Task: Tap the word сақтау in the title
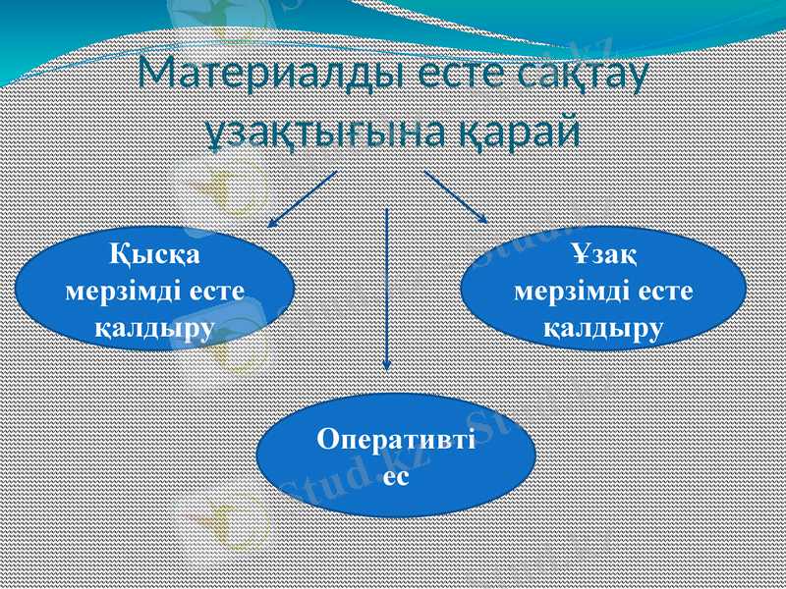click(x=582, y=77)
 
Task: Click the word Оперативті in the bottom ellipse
click(x=395, y=439)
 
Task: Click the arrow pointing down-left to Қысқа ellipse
click(x=303, y=199)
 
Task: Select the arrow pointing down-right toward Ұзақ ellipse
click(x=457, y=196)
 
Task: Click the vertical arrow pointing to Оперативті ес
click(x=388, y=285)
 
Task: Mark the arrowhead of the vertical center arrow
click(x=388, y=362)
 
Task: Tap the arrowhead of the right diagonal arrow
click(x=484, y=220)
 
